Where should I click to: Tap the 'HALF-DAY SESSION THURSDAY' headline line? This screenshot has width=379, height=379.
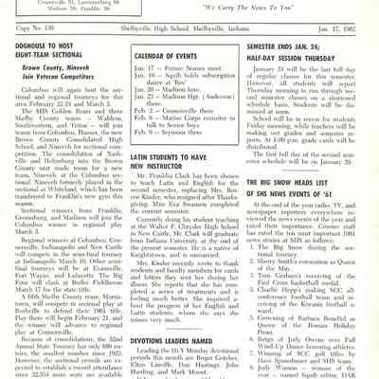point(309,55)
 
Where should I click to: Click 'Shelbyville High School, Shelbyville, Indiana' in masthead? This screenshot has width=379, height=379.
point(185,27)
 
